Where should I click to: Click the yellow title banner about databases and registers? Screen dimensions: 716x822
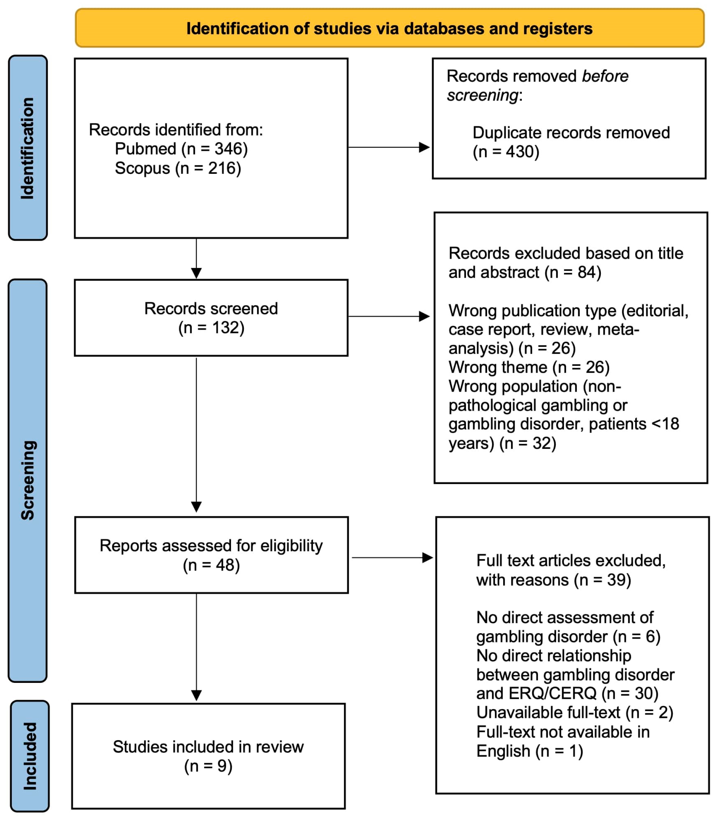pyautogui.click(x=389, y=28)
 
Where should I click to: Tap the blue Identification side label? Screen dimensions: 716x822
pyautogui.click(x=28, y=148)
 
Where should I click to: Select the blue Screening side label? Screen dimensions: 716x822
pyautogui.click(x=28, y=480)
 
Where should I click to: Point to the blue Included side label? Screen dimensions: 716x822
pyautogui.click(x=30, y=756)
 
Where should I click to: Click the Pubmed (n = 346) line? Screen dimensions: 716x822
pyautogui.click(x=181, y=149)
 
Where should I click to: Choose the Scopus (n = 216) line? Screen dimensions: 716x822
pyautogui.click(x=178, y=168)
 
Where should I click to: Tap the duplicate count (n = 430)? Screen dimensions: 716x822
pyautogui.click(x=506, y=152)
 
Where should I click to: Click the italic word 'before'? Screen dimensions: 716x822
pyautogui.click(x=605, y=76)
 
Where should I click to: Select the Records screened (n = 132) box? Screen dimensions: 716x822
pyautogui.click(x=211, y=318)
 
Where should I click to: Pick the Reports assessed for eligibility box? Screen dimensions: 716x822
pyautogui.click(x=211, y=555)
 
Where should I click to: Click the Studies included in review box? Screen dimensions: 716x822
pyautogui.click(x=208, y=756)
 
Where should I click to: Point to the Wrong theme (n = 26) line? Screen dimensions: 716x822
pyautogui.click(x=529, y=367)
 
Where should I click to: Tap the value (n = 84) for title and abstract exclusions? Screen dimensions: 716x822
pyautogui.click(x=573, y=273)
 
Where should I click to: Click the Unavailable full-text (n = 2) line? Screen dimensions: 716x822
pyautogui.click(x=575, y=713)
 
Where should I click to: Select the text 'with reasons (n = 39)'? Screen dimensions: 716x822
pyautogui.click(x=554, y=580)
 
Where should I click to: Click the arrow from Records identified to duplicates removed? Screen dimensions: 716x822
pyautogui.click(x=389, y=147)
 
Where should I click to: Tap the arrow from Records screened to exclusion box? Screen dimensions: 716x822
pyautogui.click(x=389, y=317)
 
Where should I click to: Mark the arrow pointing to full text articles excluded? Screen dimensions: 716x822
pyautogui.click(x=392, y=557)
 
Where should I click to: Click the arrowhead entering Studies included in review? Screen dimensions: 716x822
pyautogui.click(x=196, y=696)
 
